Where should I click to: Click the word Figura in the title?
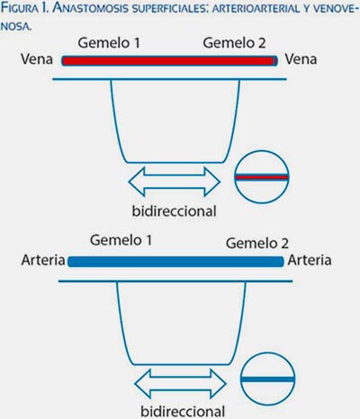[x=20, y=8]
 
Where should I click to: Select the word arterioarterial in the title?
[x=256, y=9]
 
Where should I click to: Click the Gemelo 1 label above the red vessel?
[x=109, y=43]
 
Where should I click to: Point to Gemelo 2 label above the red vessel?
[x=234, y=43]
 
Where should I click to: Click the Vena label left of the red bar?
[x=37, y=59]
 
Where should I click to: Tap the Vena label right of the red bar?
[x=301, y=59]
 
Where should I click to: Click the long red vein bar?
[x=170, y=61]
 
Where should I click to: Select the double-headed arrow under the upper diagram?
[x=175, y=182]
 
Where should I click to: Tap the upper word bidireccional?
[x=175, y=211]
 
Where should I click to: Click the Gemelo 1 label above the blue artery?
[x=121, y=240]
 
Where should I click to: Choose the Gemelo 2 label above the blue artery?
[x=257, y=243]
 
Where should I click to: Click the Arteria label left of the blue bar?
[x=43, y=260]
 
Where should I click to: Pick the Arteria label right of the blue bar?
[x=310, y=260]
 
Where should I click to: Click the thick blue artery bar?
[x=175, y=262]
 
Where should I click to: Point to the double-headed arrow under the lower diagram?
[x=180, y=384]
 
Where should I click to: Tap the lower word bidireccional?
[x=183, y=411]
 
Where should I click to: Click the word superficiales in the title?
[x=170, y=9]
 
